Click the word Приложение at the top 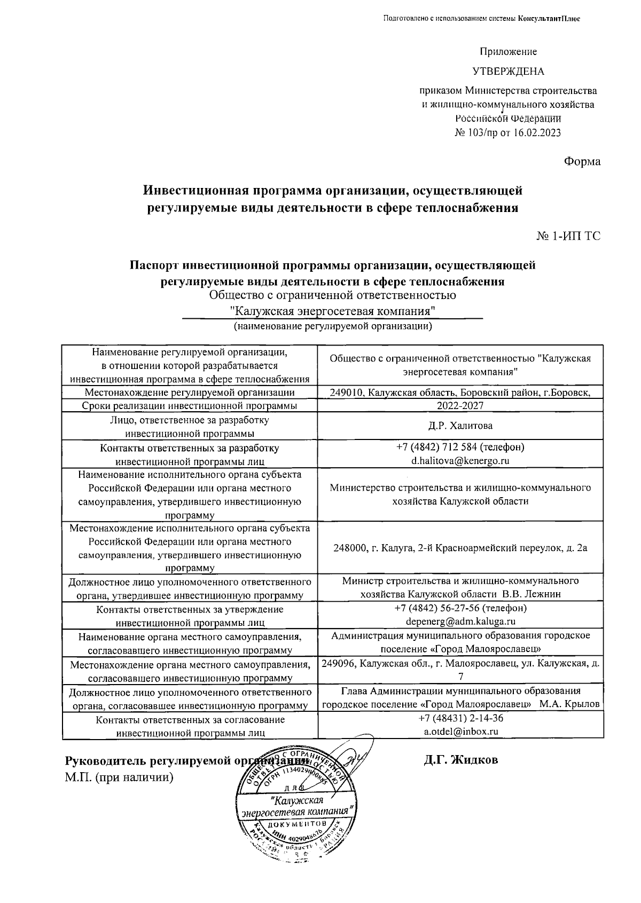[x=508, y=52]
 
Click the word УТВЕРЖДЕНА [x=508, y=72]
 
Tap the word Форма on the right [x=582, y=161]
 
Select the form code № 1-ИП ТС [x=568, y=235]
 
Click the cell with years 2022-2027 [x=460, y=406]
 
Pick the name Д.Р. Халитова [x=460, y=426]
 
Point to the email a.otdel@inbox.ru [x=460, y=732]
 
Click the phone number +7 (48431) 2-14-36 [x=460, y=718]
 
